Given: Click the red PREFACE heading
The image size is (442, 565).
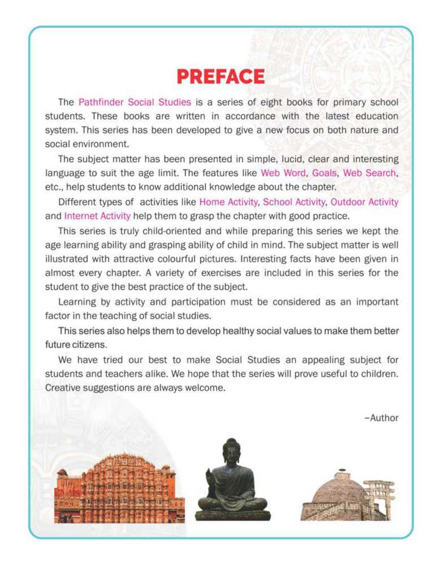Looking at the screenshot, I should [x=220, y=77].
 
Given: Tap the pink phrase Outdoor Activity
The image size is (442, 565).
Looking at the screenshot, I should [x=365, y=202].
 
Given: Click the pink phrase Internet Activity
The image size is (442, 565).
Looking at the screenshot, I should [x=98, y=215].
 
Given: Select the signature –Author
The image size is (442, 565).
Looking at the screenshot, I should [x=382, y=418].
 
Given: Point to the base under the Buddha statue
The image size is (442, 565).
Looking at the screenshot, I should [x=232, y=515].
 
